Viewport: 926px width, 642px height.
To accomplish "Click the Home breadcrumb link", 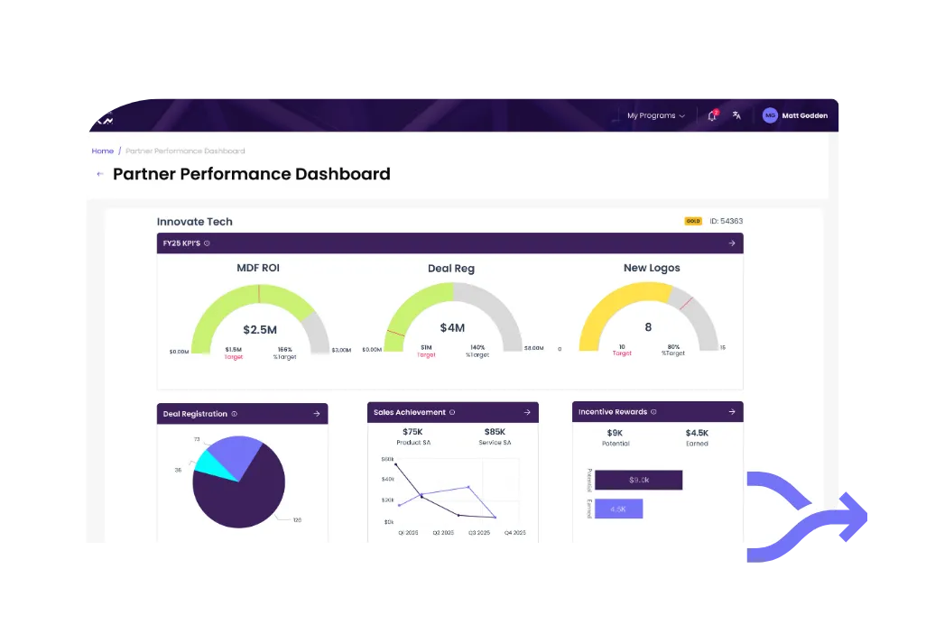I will [102, 151].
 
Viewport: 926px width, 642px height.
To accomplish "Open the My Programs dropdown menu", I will [656, 115].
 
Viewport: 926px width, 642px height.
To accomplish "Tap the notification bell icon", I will [712, 115].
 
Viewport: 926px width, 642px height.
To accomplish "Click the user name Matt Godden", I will [804, 115].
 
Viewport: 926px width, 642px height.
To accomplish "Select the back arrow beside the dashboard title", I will [99, 174].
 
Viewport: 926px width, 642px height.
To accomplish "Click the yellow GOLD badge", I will [693, 221].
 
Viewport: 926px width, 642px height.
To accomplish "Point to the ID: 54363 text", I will [726, 221].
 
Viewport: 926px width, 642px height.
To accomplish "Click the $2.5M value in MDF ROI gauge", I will [259, 329].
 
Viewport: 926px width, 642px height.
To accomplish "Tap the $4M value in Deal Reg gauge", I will [452, 328].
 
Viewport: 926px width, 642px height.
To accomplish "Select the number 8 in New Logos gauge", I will [648, 327].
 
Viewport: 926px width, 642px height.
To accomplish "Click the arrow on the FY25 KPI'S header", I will [732, 243].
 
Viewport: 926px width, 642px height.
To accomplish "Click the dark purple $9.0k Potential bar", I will [638, 480].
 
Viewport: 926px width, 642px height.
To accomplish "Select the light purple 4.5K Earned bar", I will [618, 509].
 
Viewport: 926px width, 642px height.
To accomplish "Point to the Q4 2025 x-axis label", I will [514, 533].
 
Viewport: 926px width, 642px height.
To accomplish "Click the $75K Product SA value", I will [413, 431].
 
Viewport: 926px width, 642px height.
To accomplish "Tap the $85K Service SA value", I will [495, 431].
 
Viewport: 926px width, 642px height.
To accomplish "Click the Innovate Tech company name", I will [194, 222].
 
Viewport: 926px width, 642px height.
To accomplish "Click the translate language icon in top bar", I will [736, 115].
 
